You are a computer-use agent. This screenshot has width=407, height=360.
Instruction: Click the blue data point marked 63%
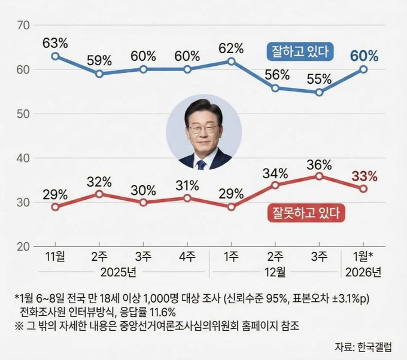[x=55, y=56]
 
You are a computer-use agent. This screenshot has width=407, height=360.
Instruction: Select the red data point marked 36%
[x=319, y=176]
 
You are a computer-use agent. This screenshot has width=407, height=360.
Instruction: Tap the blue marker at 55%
[x=319, y=92]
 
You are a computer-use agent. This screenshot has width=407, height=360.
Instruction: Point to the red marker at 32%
[x=99, y=193]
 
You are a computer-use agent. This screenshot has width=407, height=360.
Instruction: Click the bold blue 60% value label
[x=364, y=56]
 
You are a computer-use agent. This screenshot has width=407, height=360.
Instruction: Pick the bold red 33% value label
[x=364, y=176]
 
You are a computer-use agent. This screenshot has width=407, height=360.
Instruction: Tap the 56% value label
[x=275, y=75]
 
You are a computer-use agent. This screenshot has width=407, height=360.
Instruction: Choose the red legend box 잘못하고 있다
[x=306, y=211]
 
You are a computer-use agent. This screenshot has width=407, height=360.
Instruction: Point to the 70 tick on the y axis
[x=24, y=26]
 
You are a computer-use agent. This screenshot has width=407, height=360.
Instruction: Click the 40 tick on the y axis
[x=24, y=158]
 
